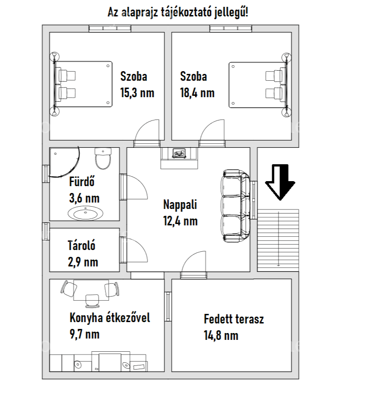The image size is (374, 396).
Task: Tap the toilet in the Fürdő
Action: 103,159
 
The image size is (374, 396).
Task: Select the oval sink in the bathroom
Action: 85,214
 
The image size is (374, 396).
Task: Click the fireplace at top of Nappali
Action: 179,158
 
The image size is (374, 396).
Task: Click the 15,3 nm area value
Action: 137,93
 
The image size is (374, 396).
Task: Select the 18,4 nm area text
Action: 197,93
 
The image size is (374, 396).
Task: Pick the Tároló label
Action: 81,245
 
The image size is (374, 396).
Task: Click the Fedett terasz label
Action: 234,319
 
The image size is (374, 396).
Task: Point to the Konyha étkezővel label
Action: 110,318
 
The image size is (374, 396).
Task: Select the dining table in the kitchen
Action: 91,290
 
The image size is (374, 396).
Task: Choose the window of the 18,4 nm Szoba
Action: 231,29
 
